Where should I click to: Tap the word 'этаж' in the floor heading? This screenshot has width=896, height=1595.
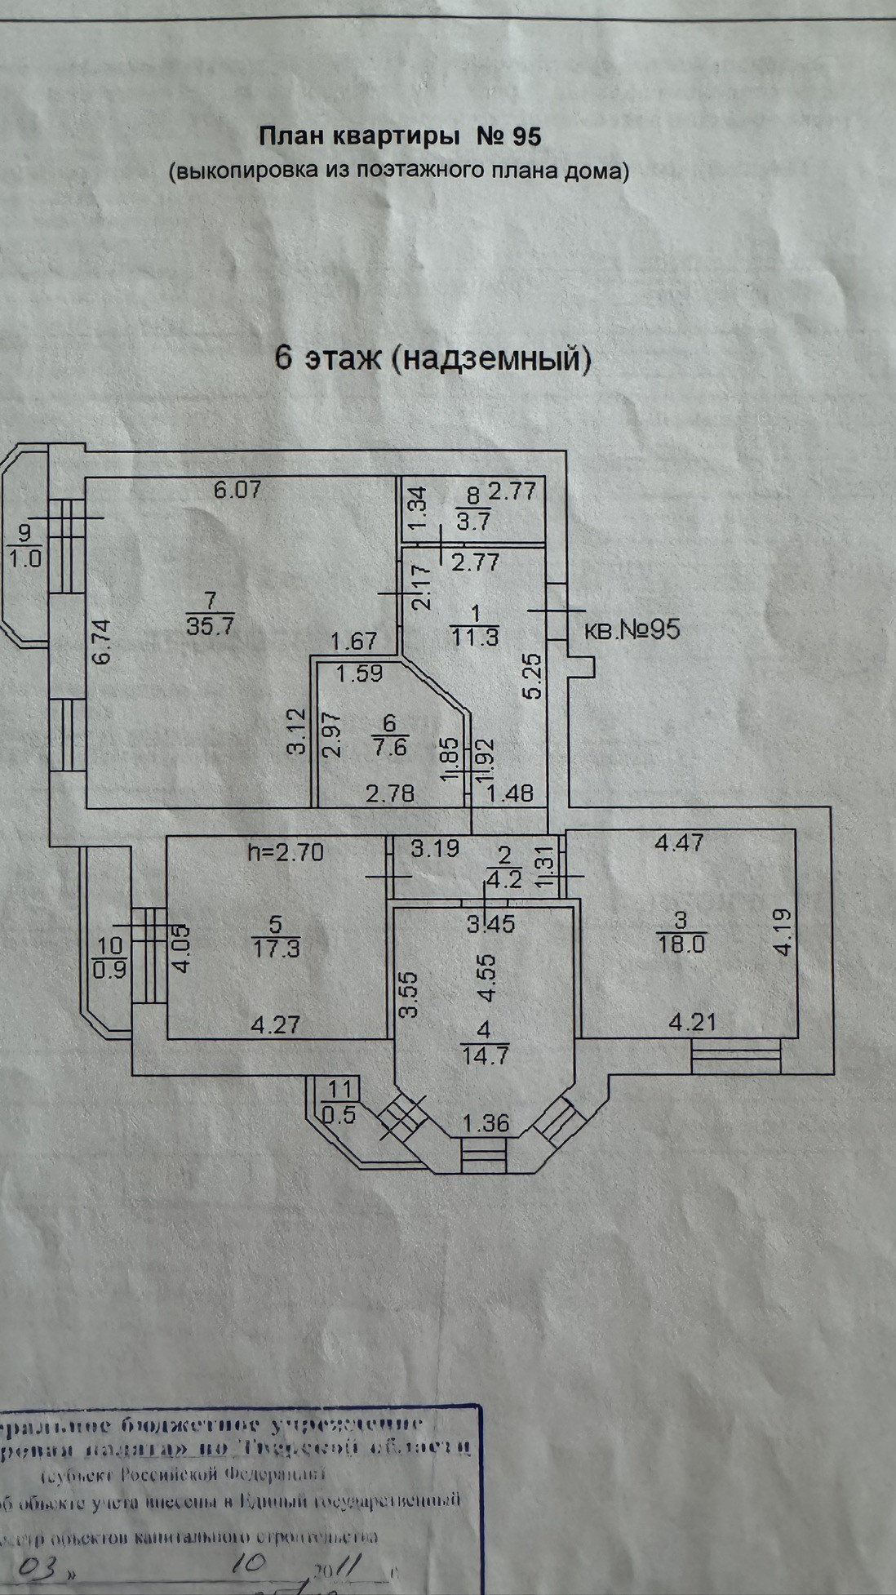[x=342, y=359]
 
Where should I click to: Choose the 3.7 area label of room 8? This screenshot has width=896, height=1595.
[x=473, y=520]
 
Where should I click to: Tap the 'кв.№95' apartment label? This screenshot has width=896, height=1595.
[x=632, y=629]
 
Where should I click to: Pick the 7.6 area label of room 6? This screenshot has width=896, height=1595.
[x=388, y=747]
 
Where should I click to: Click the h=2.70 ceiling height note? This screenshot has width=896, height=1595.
[x=286, y=853]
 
